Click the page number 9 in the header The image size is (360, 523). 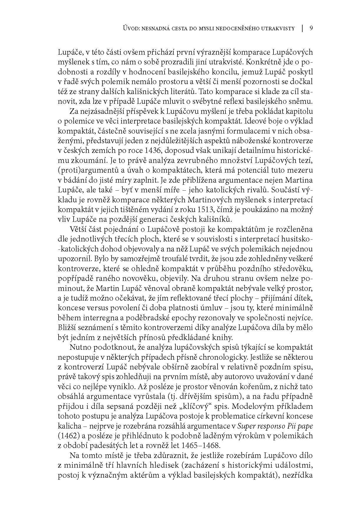311,28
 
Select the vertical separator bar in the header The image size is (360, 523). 302,28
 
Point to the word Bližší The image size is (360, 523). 66,328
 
